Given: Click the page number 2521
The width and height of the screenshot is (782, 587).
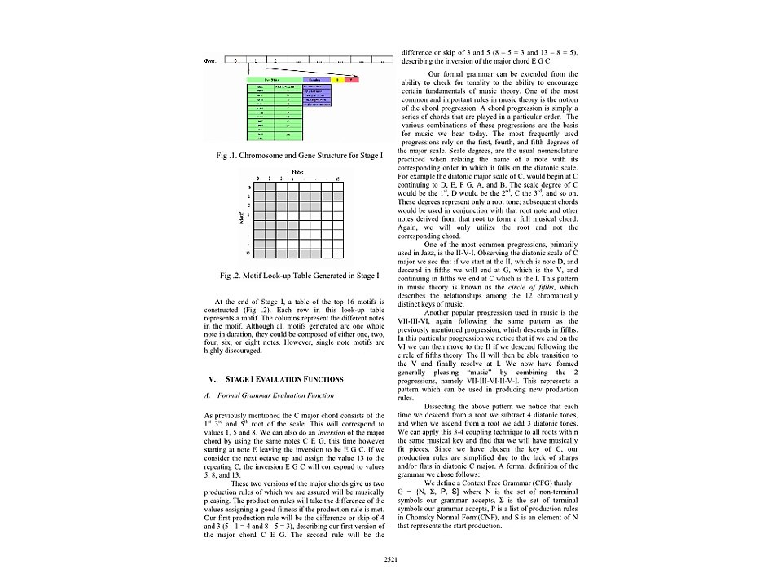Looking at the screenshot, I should pos(391,558).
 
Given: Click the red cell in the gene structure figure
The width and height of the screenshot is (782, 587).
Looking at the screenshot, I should pos(351,80).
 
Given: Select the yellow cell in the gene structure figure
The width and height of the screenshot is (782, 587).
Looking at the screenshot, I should pos(338,80).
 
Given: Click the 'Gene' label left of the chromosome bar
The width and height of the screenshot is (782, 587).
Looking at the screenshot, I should pos(211,61).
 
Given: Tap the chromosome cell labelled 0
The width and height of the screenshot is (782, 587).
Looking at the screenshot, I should pos(235,61).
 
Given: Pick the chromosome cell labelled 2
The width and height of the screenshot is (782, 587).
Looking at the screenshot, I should pos(275,61).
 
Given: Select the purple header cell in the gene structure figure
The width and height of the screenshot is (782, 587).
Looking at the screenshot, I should pos(314,80).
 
